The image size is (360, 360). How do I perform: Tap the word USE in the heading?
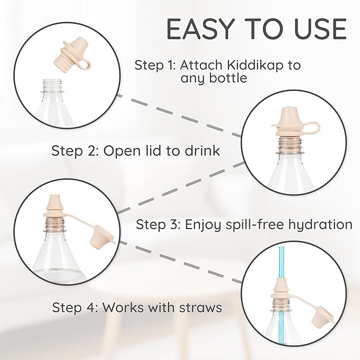click(x=320, y=29)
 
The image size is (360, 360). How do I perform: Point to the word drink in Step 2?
click(x=203, y=151)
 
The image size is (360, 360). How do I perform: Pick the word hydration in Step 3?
click(x=320, y=224)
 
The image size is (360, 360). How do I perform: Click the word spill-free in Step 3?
click(x=256, y=224)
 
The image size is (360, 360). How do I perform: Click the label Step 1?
click(x=155, y=65)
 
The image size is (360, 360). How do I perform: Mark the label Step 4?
click(x=74, y=307)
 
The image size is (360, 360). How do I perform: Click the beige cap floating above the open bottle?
click(x=74, y=56)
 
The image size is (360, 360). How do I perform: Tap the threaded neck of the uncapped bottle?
click(x=52, y=85)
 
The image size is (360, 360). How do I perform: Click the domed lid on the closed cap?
click(x=289, y=116)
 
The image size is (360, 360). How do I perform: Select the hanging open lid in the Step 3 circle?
click(x=101, y=233)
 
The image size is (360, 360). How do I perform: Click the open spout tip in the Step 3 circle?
click(x=55, y=201)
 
